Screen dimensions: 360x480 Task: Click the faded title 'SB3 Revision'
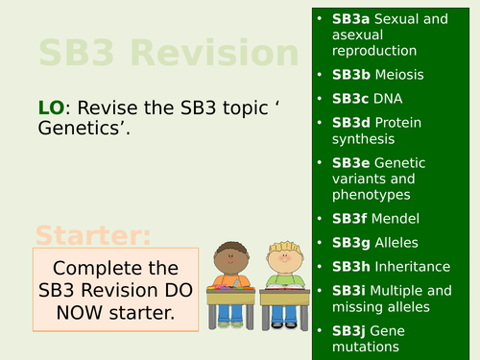pyautogui.click(x=162, y=52)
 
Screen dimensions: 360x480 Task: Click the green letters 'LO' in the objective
pyautogui.click(x=50, y=108)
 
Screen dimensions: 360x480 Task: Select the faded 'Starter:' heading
pyautogui.click(x=93, y=235)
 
